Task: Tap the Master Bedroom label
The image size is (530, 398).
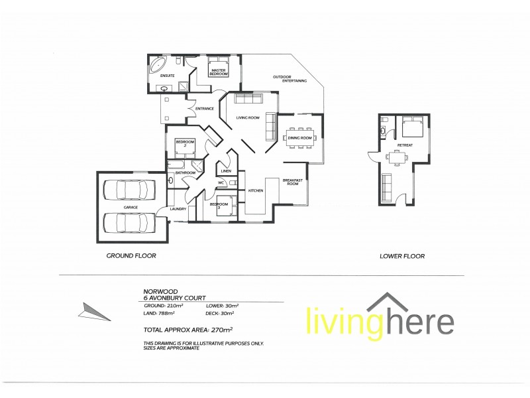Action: click(x=219, y=72)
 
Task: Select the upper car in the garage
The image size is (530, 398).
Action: click(x=129, y=191)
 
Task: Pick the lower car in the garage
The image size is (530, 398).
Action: click(x=129, y=222)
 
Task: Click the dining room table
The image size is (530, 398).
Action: click(x=300, y=138)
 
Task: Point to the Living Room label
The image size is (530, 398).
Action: click(x=247, y=118)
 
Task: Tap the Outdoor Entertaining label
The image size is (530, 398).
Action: click(x=290, y=79)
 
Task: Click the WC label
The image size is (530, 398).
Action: click(x=223, y=182)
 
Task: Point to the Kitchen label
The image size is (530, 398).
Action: click(x=256, y=191)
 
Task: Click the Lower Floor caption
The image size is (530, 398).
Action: click(x=401, y=255)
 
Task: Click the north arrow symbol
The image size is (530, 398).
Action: click(x=90, y=310)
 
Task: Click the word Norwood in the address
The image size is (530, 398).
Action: click(x=157, y=291)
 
